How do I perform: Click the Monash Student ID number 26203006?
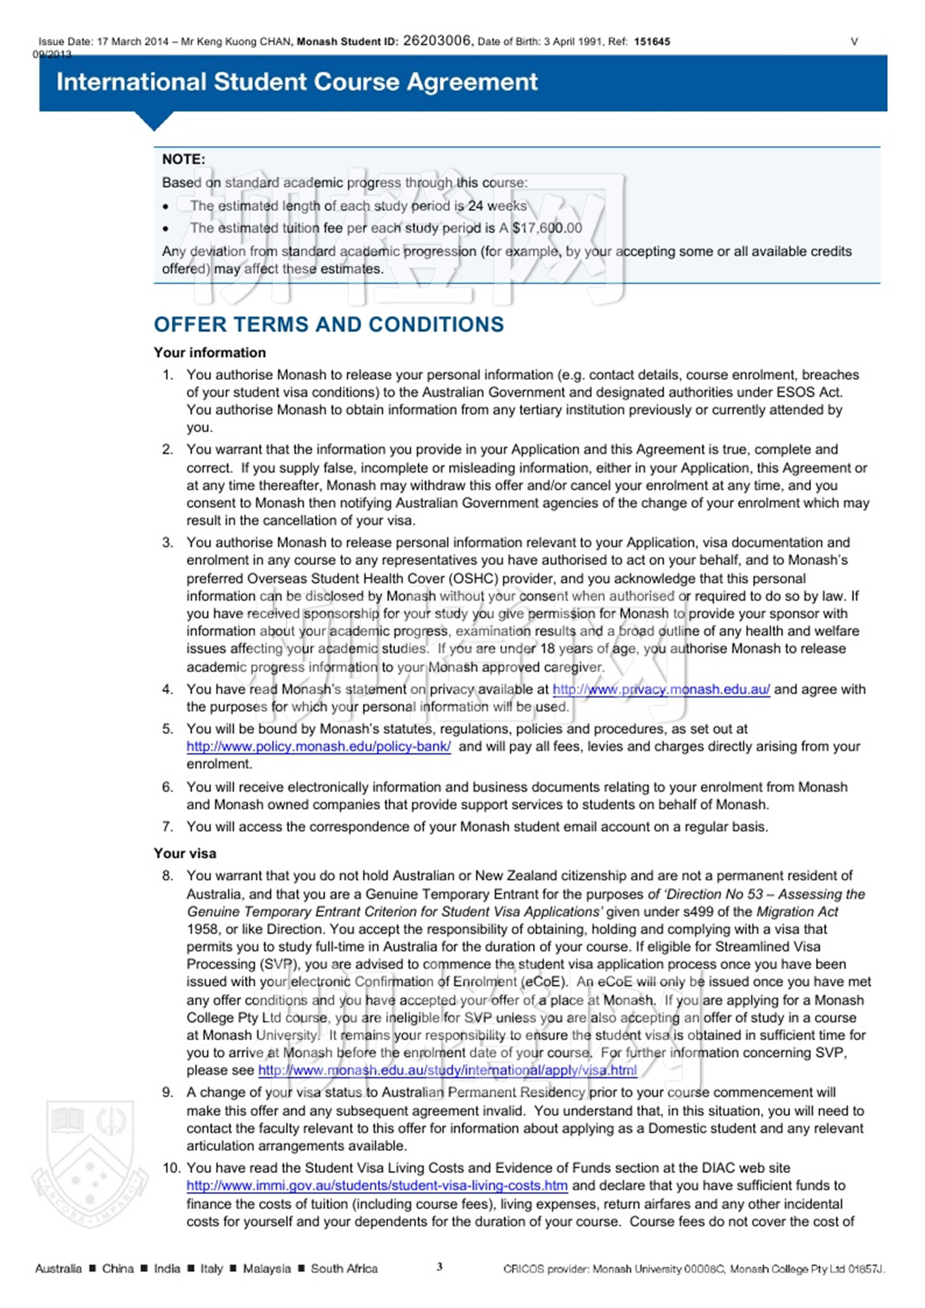[x=437, y=41]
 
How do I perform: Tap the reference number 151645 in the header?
[x=652, y=42]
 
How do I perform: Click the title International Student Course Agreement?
[x=297, y=82]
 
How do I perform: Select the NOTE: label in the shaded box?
[x=184, y=159]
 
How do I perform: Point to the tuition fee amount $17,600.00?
[x=547, y=228]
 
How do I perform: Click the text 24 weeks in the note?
[x=497, y=206]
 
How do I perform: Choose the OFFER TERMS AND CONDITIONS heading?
[x=329, y=324]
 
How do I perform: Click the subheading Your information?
[x=210, y=353]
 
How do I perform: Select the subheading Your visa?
[x=185, y=853]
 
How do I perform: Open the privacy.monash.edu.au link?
[x=661, y=689]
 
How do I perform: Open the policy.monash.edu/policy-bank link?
[x=318, y=747]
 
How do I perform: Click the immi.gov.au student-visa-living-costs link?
[x=377, y=1185]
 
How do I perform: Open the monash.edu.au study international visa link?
[x=447, y=1070]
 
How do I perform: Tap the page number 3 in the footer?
[x=440, y=1267]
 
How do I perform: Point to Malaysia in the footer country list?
[x=266, y=1269]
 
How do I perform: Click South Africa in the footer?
[x=344, y=1269]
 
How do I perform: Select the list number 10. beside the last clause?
[x=171, y=1168]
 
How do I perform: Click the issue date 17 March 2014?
[x=133, y=42]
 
